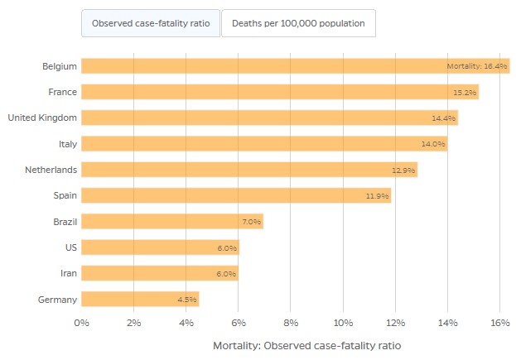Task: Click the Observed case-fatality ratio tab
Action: tap(150, 23)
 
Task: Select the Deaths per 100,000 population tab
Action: tap(298, 23)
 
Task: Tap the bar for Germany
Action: tap(139, 299)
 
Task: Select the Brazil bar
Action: tap(171, 222)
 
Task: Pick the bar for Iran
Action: tap(159, 273)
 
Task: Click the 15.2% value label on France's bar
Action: tap(465, 92)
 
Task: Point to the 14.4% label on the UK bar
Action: tap(444, 118)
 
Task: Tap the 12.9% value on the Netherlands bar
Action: tap(403, 170)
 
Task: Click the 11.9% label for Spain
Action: tap(377, 196)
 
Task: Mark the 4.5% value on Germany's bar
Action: tap(186, 300)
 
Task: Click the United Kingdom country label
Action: tap(42, 118)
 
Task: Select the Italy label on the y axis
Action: tap(68, 144)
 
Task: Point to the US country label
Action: tap(72, 247)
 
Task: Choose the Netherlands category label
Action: tap(51, 170)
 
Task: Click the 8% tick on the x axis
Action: tap(291, 323)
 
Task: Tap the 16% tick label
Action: tap(499, 323)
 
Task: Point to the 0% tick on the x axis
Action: tap(81, 323)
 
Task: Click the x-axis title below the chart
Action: tap(306, 344)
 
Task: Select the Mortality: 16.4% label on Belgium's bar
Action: tap(476, 66)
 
